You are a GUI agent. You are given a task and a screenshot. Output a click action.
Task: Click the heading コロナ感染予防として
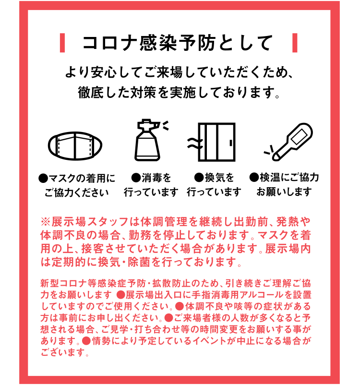point(178,43)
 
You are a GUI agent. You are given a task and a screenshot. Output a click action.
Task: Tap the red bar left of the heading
point(62,43)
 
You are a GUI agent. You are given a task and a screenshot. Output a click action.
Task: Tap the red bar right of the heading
point(294,43)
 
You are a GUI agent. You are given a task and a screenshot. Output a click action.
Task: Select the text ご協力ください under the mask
point(77,192)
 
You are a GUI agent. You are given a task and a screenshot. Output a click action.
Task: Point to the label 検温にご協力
point(289,178)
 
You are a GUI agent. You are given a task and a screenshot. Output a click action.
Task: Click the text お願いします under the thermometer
point(284,192)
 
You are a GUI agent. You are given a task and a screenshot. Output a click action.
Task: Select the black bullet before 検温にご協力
point(254,178)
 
